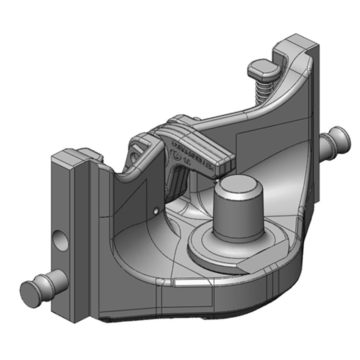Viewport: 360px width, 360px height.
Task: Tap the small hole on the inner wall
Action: point(155,210)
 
